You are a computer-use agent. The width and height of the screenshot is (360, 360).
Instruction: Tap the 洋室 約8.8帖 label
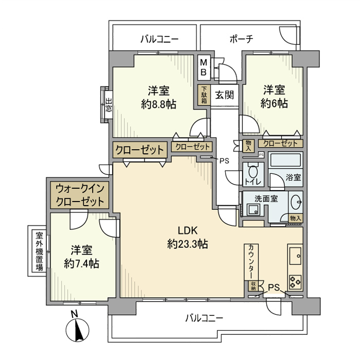point(158,97)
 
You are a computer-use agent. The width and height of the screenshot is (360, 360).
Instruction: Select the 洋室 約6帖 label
point(274,96)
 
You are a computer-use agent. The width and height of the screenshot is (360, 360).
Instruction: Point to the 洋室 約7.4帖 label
point(81,257)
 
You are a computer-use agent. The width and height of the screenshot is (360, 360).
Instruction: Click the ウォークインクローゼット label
point(80,194)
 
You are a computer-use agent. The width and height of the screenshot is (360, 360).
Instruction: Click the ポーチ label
point(242,39)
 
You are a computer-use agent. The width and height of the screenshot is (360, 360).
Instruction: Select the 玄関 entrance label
point(225,95)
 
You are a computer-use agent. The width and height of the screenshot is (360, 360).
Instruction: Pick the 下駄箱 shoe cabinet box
point(204,95)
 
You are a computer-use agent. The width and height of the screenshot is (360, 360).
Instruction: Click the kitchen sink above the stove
point(295,255)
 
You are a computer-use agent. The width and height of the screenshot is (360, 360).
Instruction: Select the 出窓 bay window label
point(109,106)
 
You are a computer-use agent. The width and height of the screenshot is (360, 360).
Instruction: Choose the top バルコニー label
point(158,39)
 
